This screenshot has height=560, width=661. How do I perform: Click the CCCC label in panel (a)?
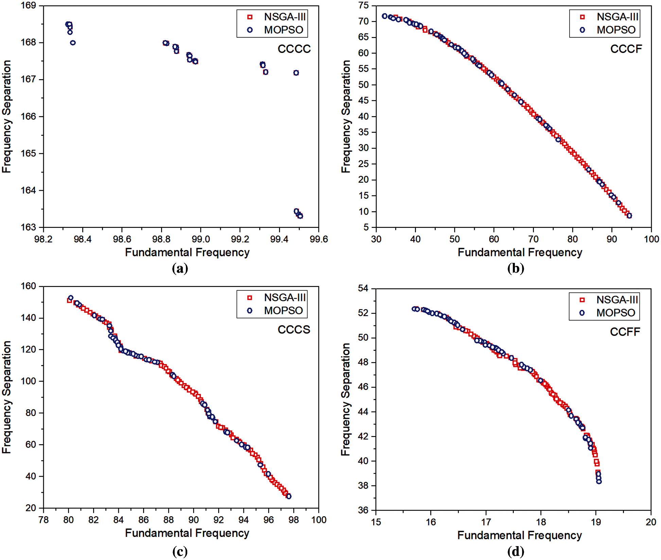tap(294, 49)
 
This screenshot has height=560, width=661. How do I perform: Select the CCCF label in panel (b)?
tap(626, 49)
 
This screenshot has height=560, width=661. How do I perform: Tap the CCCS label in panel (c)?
tap(294, 330)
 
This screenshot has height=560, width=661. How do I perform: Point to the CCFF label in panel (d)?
tap(625, 332)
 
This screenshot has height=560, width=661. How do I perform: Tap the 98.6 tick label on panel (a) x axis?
tap(122, 239)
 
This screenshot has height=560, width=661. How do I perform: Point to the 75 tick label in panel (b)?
tap(363, 5)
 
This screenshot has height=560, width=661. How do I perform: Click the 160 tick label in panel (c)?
tap(28, 286)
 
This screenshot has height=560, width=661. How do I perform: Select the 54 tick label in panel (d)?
tap(363, 289)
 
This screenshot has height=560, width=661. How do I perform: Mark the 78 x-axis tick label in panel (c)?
tap(44, 520)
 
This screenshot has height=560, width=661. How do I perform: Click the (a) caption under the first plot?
tap(180, 269)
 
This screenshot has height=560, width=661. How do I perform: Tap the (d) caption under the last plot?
tap(516, 552)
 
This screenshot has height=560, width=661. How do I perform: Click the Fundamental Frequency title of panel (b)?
tap(520, 253)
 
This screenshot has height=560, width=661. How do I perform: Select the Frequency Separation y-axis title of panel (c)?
tap(7, 397)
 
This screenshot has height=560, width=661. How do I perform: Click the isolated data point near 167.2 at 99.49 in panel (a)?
tap(296, 73)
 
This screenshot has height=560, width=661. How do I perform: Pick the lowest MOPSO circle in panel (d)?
tap(599, 481)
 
